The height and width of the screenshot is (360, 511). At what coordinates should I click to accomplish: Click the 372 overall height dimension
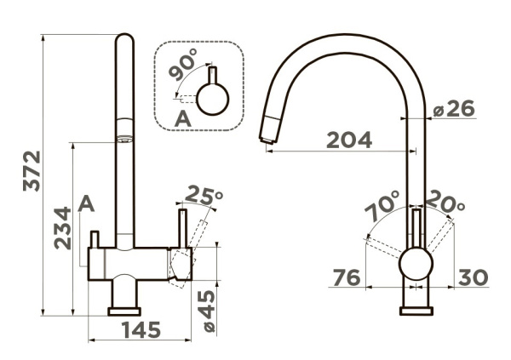32,171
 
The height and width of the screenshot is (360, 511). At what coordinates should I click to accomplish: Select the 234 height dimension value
62,228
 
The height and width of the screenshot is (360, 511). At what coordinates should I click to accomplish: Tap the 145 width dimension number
141,329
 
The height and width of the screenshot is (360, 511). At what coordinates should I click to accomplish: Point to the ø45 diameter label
207,311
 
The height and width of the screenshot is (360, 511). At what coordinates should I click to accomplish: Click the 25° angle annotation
204,195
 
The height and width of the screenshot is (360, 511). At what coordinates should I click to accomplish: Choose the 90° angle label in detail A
183,65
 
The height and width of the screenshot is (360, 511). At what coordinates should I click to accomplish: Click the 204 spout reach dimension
349,140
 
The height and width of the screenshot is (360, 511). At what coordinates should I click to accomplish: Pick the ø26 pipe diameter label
454,109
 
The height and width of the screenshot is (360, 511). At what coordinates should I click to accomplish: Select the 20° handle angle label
445,201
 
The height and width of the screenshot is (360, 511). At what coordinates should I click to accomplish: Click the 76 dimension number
347,278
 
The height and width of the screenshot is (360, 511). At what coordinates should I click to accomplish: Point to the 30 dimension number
474,277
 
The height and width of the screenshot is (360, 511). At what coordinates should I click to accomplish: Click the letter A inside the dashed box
183,118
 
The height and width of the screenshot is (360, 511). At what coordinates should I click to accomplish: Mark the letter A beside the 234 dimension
86,203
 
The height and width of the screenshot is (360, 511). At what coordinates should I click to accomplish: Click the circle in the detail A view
213,99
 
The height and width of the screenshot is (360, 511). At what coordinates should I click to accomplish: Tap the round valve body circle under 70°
416,264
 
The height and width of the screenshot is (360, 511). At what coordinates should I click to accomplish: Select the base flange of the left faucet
124,311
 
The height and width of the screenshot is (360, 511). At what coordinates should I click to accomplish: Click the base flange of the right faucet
416,311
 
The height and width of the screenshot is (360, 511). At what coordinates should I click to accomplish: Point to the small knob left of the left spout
95,239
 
